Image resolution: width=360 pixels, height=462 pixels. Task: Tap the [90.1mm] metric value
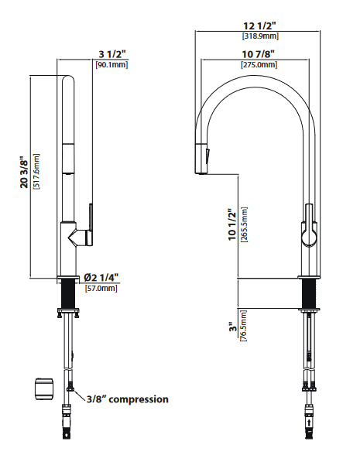click(x=111, y=64)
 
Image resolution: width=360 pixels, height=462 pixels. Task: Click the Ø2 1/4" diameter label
click(x=101, y=277)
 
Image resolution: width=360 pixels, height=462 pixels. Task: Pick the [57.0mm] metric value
click(x=101, y=288)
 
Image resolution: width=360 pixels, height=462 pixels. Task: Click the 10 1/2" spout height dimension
click(x=233, y=224)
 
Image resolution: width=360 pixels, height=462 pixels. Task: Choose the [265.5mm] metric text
click(x=245, y=224)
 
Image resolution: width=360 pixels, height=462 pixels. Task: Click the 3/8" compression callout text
click(x=126, y=399)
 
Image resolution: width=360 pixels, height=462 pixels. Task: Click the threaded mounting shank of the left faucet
click(x=67, y=295)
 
